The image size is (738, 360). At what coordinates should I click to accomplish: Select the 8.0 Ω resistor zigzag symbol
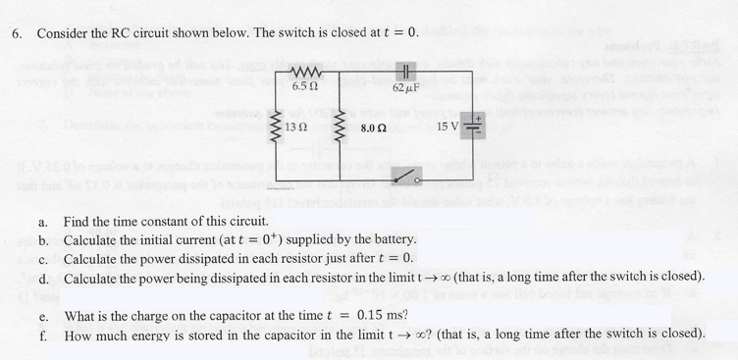tap(343, 129)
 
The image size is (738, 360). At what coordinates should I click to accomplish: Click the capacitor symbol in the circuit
tap(405, 72)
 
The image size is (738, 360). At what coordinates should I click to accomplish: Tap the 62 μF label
tap(405, 89)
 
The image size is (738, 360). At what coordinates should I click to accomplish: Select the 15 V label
tap(448, 127)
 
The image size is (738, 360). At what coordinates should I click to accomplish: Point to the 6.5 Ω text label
tap(304, 89)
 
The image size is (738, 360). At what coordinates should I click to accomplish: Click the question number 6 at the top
tap(17, 33)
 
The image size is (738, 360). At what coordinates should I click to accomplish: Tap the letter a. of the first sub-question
tap(44, 222)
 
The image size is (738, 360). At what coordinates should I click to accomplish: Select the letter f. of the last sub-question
tap(44, 334)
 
